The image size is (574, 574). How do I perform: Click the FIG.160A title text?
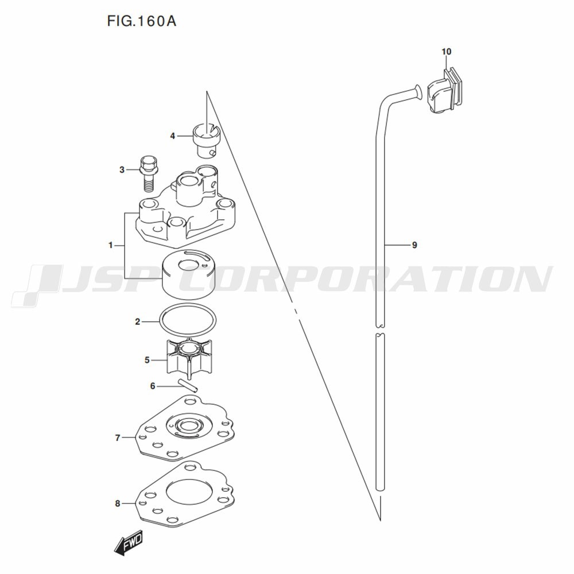pyautogui.click(x=142, y=21)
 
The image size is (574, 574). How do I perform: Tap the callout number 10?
pyautogui.click(x=446, y=52)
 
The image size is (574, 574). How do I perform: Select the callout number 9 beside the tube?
pyautogui.click(x=414, y=245)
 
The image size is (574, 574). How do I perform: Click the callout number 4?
pyautogui.click(x=172, y=136)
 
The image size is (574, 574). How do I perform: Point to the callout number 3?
pyautogui.click(x=122, y=170)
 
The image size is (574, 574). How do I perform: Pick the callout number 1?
pyautogui.click(x=111, y=245)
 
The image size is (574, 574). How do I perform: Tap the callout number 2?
pyautogui.click(x=137, y=322)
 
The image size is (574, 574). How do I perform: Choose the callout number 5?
pyautogui.click(x=147, y=360)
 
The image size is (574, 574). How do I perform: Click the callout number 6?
pyautogui.click(x=153, y=386)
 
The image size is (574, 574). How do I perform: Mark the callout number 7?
pyautogui.click(x=118, y=438)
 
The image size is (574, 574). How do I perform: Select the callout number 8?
pyautogui.click(x=118, y=504)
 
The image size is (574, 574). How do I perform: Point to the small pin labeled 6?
pyautogui.click(x=188, y=385)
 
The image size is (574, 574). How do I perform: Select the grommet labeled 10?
pyautogui.click(x=444, y=91)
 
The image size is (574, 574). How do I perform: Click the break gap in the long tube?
pyautogui.click(x=381, y=330)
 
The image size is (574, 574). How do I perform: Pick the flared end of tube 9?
pyautogui.click(x=418, y=92)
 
